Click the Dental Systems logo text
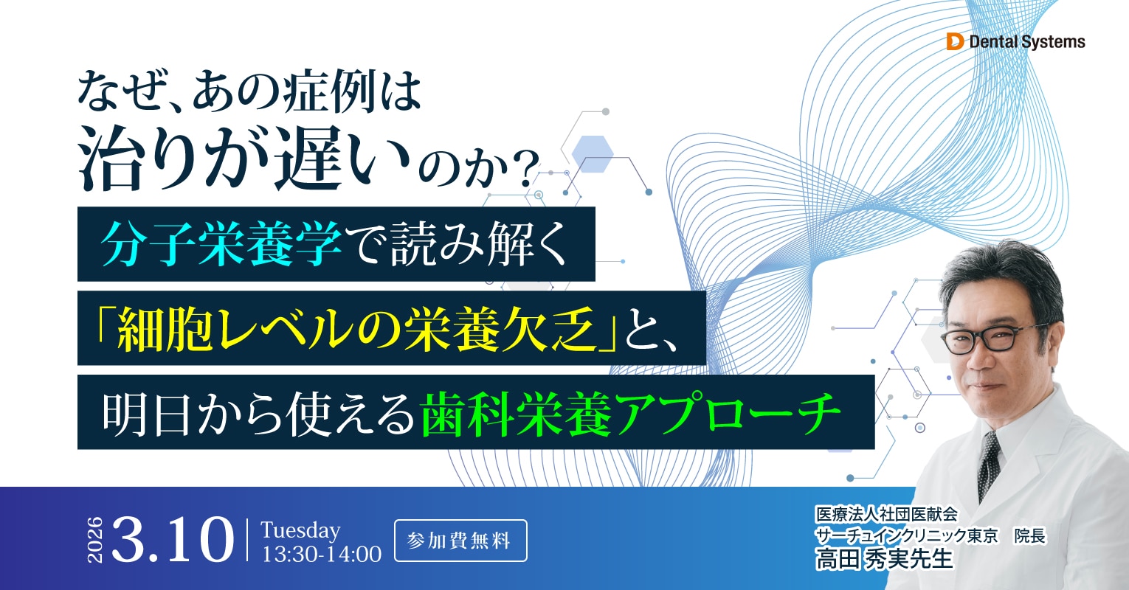click(x=1026, y=42)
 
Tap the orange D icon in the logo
click(x=955, y=42)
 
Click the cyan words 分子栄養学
click(x=222, y=244)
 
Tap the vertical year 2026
click(x=96, y=541)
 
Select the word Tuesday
click(x=300, y=530)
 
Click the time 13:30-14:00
click(x=322, y=554)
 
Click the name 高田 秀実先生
click(x=884, y=559)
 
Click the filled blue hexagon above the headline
click(x=593, y=153)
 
